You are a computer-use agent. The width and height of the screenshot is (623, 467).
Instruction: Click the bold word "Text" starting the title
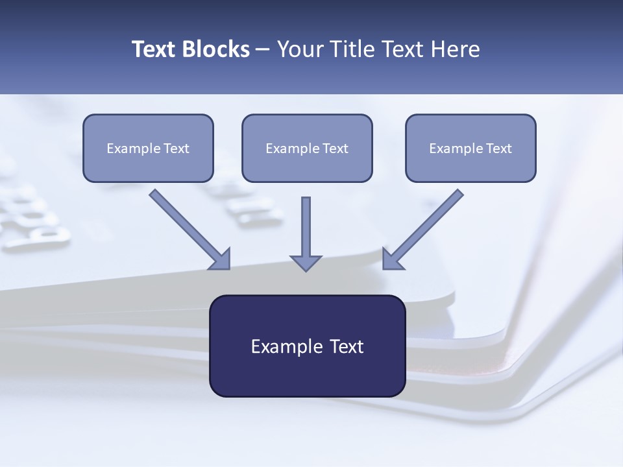154,49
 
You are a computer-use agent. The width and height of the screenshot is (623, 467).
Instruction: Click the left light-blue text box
148,148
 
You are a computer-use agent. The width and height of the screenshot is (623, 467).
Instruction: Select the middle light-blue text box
307,148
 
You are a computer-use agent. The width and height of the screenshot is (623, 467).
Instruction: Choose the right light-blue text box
470,148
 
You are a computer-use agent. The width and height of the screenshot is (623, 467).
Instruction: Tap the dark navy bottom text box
307,346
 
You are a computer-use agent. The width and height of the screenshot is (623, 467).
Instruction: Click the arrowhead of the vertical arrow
306,262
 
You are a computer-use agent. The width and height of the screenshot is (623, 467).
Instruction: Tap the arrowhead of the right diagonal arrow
391,259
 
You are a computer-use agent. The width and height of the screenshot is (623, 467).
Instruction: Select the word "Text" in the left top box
177,149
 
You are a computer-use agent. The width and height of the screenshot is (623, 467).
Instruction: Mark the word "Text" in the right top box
499,149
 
